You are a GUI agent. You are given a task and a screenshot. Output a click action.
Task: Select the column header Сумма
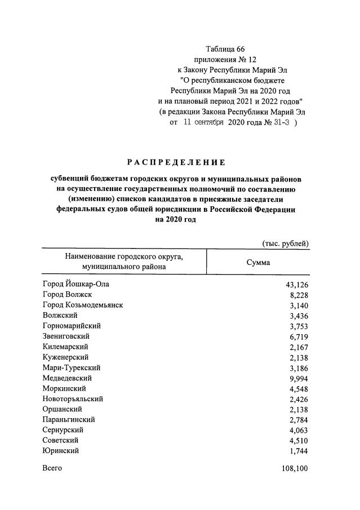click(259, 263)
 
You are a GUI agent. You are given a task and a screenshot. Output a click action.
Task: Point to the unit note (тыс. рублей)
click(286, 243)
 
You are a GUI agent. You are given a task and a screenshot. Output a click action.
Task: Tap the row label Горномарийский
click(72, 326)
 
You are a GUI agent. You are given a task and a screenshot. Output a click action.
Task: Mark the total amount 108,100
click(294, 468)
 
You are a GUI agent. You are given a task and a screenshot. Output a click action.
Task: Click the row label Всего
click(52, 468)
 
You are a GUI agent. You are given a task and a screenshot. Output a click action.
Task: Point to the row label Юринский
click(60, 450)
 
